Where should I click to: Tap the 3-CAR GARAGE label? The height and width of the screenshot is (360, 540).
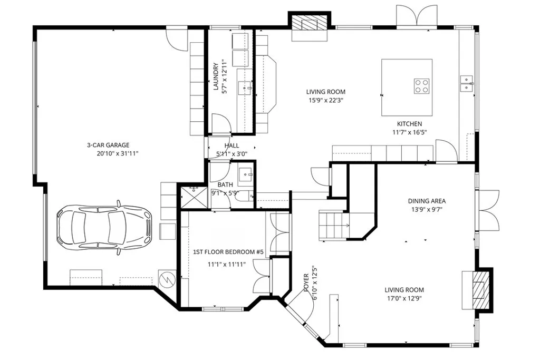[108, 145]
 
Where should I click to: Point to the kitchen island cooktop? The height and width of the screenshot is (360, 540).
[421, 85]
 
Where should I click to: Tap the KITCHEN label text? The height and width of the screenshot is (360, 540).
[409, 124]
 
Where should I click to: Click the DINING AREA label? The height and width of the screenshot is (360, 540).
[427, 201]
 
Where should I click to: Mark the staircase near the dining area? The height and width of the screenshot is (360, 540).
[333, 223]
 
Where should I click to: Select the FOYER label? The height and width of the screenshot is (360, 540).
[306, 283]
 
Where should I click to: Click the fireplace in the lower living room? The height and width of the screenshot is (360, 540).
[477, 289]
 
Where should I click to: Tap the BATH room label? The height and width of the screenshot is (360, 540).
[225, 185]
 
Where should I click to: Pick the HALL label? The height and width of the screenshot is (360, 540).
[232, 145]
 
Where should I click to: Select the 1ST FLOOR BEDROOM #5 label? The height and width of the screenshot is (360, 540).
[228, 252]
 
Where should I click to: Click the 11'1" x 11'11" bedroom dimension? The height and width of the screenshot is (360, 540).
[227, 265]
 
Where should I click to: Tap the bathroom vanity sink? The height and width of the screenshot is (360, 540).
[246, 173]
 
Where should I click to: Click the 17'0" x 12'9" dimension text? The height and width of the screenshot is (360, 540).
[404, 298]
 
